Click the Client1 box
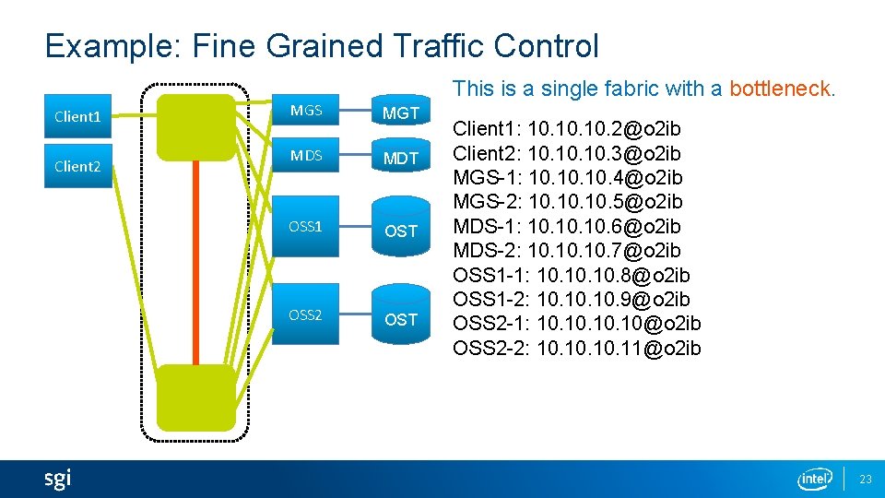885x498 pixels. (x=78, y=117)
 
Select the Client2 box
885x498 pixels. (x=78, y=167)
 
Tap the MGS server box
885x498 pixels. (x=306, y=112)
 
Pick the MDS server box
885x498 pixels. (x=306, y=156)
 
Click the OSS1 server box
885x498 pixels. (x=306, y=227)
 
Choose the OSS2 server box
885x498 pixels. (x=306, y=315)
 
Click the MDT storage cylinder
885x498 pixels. (x=401, y=159)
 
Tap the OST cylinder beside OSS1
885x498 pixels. (x=401, y=231)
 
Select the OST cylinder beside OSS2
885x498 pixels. (x=401, y=319)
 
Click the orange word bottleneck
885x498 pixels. (x=781, y=89)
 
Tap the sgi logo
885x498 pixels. (x=57, y=479)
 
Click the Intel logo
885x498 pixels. (x=815, y=479)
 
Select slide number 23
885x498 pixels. (x=866, y=479)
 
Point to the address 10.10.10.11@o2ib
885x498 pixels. (x=619, y=348)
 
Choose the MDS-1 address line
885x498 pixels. (x=567, y=226)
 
